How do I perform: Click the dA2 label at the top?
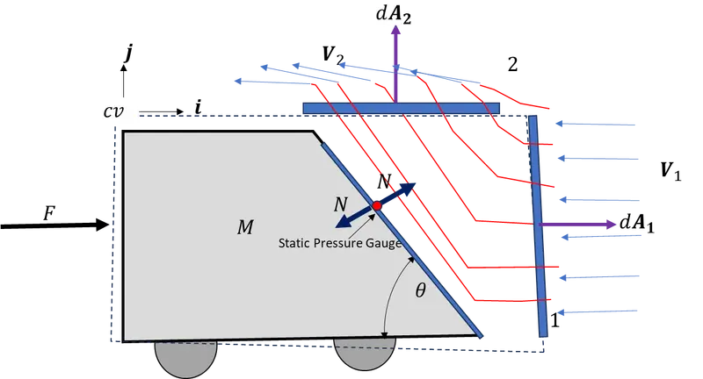click(396, 15)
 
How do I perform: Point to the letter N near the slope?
click(340, 204)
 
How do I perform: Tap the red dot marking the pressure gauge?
click(376, 205)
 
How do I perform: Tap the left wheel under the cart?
click(185, 357)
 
